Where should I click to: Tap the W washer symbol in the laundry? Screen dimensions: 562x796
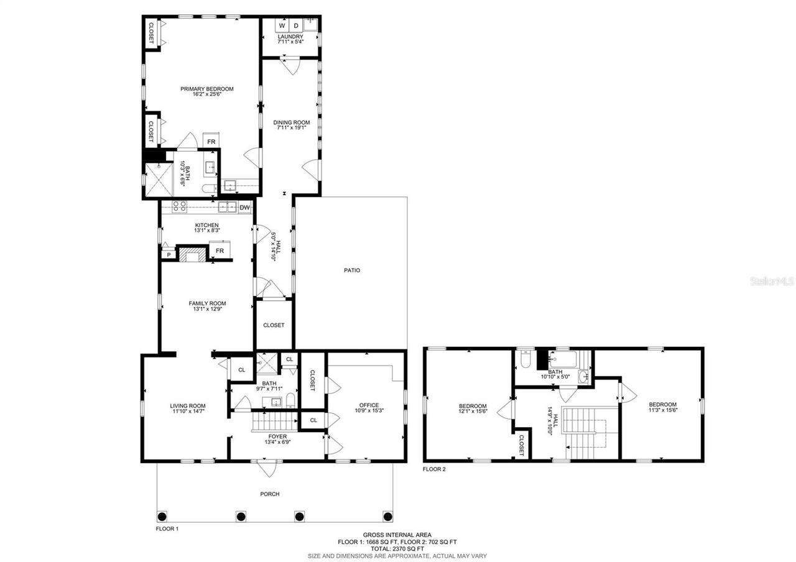click(x=282, y=26)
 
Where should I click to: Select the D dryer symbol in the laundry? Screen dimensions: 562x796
click(x=296, y=26)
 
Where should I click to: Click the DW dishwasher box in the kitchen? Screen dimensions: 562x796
click(x=244, y=208)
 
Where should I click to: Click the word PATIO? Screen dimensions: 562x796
click(x=352, y=270)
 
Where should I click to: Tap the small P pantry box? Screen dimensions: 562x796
click(x=167, y=255)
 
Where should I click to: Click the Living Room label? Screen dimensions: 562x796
click(x=188, y=406)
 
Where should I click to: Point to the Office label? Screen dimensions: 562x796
click(x=369, y=405)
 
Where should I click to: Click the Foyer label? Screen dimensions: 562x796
click(x=277, y=436)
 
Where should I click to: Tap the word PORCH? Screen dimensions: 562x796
click(x=270, y=494)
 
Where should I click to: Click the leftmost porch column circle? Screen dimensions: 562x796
click(x=163, y=515)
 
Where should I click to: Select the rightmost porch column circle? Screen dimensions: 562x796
click(x=388, y=515)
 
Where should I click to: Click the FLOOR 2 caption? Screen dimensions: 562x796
click(x=434, y=469)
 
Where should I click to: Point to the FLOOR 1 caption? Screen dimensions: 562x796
click(x=167, y=528)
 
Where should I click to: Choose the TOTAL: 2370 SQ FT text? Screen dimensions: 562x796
click(x=398, y=549)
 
